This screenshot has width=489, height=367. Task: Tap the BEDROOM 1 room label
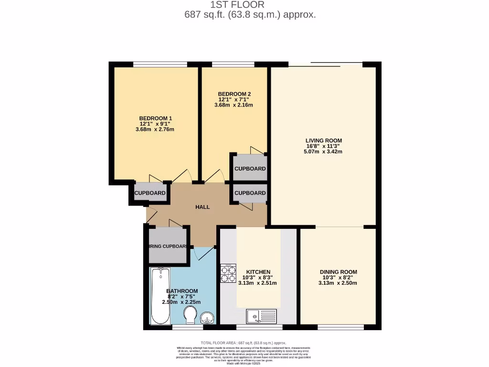click(155, 119)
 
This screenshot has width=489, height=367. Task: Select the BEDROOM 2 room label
click(234, 94)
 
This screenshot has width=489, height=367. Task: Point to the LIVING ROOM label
click(324, 140)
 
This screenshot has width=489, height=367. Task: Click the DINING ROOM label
click(338, 272)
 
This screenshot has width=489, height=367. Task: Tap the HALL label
click(202, 207)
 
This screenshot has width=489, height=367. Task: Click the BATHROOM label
click(181, 291)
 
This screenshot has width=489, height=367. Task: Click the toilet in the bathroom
click(191, 314)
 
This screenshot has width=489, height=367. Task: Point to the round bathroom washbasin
click(207, 317)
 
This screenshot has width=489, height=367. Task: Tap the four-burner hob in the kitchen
click(228, 274)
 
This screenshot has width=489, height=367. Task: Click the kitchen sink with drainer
click(261, 316)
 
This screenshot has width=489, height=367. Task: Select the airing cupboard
click(167, 246)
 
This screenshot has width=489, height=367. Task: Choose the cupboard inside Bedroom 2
click(249, 169)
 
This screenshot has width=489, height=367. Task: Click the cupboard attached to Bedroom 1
click(150, 193)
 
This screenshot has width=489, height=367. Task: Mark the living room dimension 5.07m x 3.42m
click(324, 151)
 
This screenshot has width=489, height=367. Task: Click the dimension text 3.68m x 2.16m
click(234, 105)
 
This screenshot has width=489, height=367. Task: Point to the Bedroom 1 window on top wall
click(160, 65)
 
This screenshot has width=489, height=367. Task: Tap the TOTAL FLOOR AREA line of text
click(244, 343)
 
